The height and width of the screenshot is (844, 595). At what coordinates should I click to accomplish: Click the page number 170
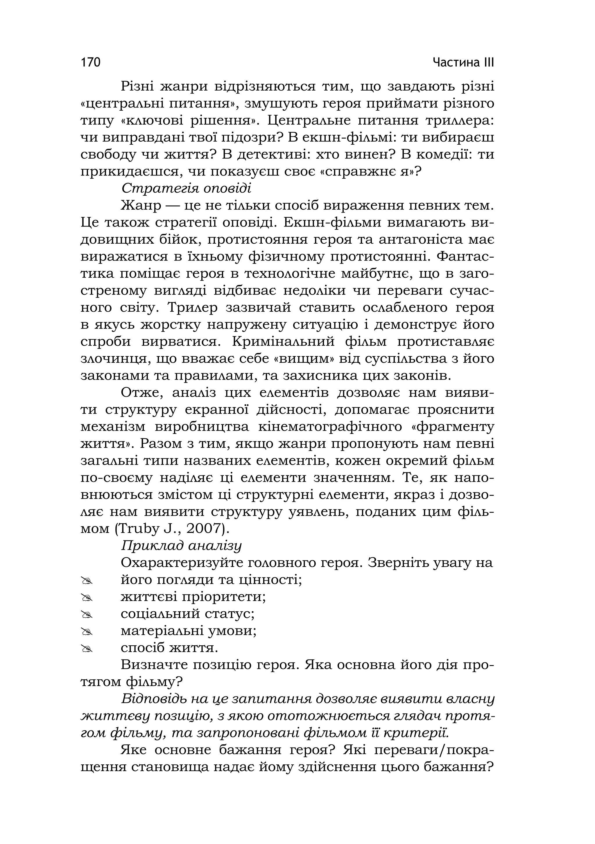[90, 62]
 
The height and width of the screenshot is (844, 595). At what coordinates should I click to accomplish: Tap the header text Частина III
[463, 62]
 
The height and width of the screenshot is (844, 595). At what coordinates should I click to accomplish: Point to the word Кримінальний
[284, 342]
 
